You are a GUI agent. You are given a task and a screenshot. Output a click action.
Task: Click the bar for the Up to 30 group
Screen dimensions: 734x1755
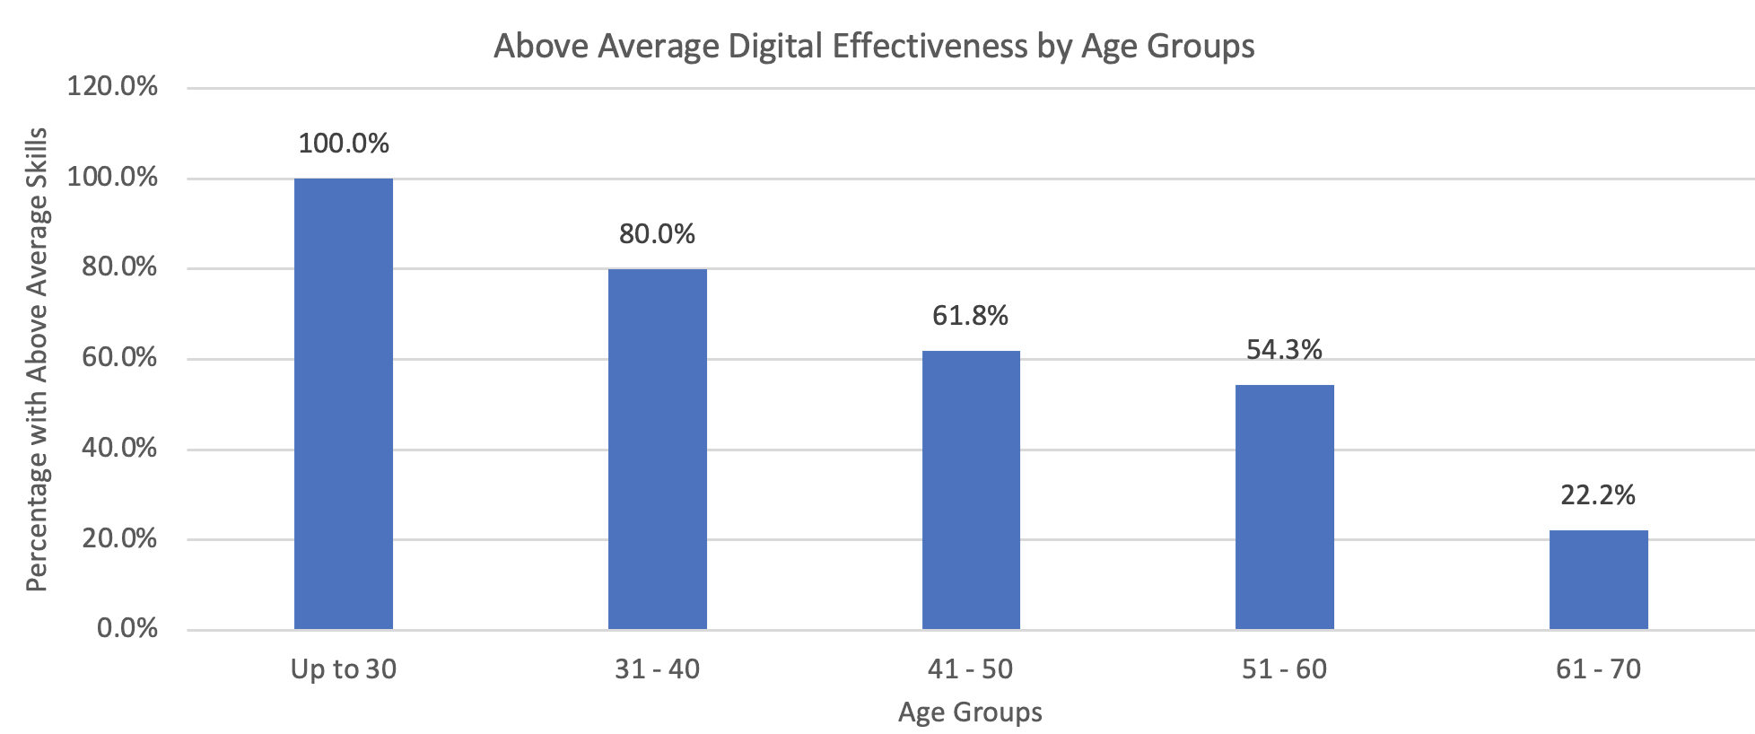point(344,404)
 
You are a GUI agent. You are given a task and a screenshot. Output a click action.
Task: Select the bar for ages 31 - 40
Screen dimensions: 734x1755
point(657,449)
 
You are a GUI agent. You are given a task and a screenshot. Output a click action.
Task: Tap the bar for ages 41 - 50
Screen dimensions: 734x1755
point(971,490)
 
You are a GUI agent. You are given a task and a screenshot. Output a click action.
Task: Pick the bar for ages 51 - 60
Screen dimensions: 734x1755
point(1284,507)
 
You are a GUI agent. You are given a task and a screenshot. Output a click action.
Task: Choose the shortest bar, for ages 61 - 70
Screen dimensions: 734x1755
point(1598,580)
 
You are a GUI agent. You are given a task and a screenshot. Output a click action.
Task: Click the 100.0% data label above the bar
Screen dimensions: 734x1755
point(344,144)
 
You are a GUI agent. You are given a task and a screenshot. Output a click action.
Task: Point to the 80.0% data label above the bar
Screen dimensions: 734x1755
point(657,234)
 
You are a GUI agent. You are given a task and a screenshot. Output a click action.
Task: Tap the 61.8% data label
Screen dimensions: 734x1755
point(971,316)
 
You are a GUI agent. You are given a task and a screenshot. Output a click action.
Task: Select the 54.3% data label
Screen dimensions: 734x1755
point(1284,350)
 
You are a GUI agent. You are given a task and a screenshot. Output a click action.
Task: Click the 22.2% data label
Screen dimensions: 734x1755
point(1598,495)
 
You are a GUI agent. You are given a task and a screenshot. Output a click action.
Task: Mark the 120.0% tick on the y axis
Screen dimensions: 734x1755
point(112,87)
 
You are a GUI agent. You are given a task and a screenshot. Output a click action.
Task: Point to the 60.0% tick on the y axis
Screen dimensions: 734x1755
point(119,358)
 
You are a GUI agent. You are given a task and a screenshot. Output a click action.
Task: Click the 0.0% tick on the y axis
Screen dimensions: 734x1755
point(127,628)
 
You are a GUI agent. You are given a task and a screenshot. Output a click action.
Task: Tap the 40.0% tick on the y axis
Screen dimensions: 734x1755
point(119,448)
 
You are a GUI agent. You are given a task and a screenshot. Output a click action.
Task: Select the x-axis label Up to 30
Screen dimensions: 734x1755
point(344,669)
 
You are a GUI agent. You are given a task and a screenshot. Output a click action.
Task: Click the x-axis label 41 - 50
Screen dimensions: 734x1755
point(971,669)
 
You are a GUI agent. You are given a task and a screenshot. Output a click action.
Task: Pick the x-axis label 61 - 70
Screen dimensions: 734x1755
point(1598,669)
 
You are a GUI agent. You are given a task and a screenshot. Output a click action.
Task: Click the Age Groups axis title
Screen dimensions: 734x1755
point(971,712)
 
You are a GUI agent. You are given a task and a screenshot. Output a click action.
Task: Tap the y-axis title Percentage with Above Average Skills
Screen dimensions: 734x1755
point(37,359)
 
